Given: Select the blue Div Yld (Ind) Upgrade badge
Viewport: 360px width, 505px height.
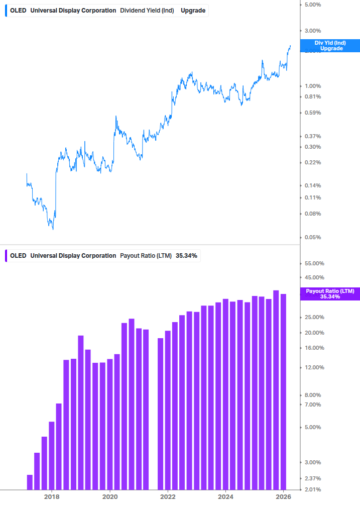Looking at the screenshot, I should point(329,46).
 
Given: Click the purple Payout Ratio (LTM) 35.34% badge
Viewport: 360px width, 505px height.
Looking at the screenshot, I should point(329,294).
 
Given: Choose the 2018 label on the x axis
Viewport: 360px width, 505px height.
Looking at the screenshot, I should point(52,497).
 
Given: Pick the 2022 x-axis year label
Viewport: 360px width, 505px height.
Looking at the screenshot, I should point(168,497).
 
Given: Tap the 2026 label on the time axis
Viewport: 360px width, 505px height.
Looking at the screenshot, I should point(284,497).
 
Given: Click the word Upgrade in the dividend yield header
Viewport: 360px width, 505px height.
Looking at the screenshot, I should point(193,11).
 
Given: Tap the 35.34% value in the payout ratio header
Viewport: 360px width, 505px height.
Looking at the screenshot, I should point(186,256).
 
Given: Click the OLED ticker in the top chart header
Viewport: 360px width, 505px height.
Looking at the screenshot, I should point(18,11).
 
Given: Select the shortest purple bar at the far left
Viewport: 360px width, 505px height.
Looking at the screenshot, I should point(30,482).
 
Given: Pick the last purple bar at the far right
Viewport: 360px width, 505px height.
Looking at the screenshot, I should point(283,391).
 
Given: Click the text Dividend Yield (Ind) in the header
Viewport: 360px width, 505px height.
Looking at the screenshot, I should point(147,11).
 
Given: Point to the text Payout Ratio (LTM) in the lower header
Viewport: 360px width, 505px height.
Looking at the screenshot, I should point(146,256).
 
